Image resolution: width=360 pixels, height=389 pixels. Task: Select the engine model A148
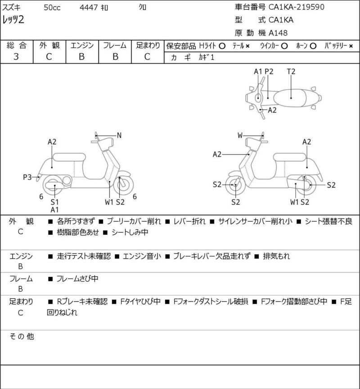click(x=278, y=32)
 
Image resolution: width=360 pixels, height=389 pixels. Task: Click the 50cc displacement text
click(x=53, y=7)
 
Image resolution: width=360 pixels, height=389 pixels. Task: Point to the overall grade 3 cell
click(x=16, y=57)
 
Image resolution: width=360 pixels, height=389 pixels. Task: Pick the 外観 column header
click(x=49, y=45)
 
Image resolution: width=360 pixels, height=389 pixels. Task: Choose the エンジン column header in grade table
click(x=81, y=45)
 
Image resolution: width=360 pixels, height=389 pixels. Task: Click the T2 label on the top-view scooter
click(x=291, y=72)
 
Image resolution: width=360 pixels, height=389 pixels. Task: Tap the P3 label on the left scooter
click(x=27, y=177)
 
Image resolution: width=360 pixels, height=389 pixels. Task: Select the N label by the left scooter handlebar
click(x=119, y=135)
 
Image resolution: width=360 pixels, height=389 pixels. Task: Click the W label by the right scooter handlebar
click(x=240, y=135)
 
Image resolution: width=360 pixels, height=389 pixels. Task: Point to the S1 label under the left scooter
click(x=54, y=202)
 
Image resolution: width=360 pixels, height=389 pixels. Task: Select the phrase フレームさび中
click(x=77, y=279)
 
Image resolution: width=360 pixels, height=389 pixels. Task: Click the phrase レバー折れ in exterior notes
click(x=189, y=221)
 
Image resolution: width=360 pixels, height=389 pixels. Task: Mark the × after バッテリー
click(x=351, y=46)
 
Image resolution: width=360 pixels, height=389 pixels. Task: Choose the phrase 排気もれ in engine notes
click(x=276, y=256)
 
